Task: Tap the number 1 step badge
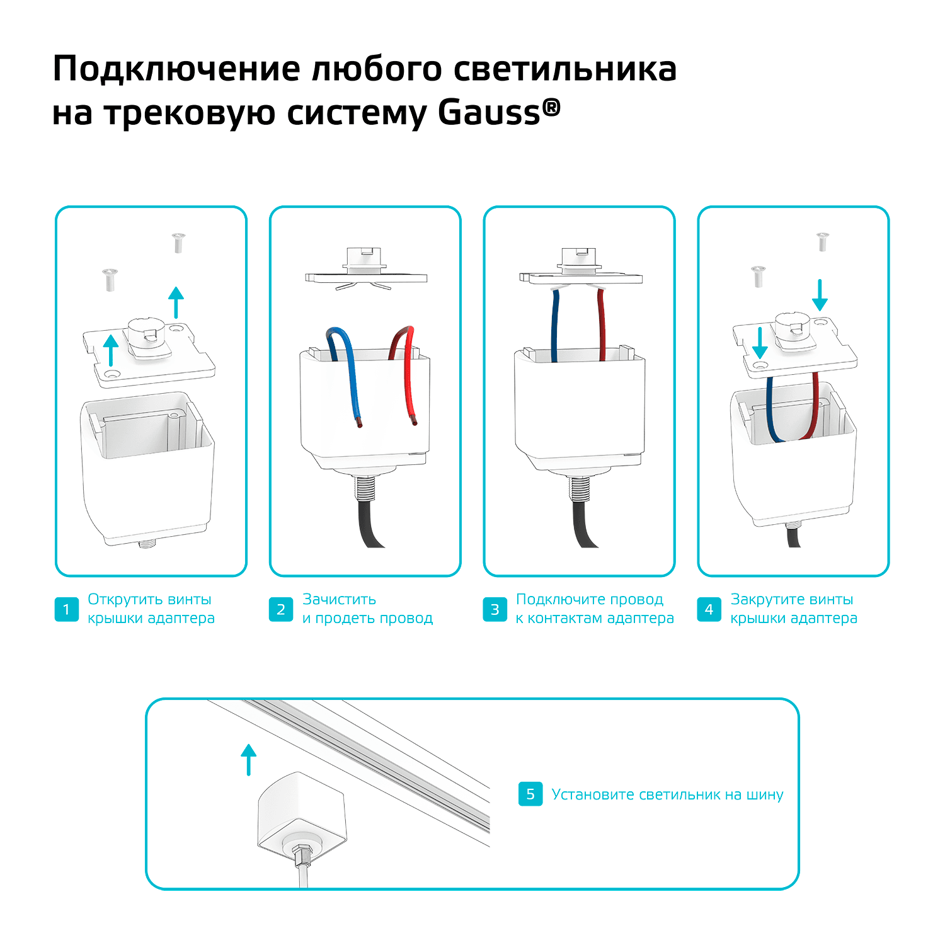point(67,609)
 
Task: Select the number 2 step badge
point(281,609)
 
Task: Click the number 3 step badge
point(495,609)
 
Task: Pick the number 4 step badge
point(709,609)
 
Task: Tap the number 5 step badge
point(530,794)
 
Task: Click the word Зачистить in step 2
point(339,599)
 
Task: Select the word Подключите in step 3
point(558,600)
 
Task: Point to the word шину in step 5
point(765,795)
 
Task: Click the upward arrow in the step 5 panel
point(249,759)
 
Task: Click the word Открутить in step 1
point(125,600)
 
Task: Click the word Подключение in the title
point(176,69)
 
